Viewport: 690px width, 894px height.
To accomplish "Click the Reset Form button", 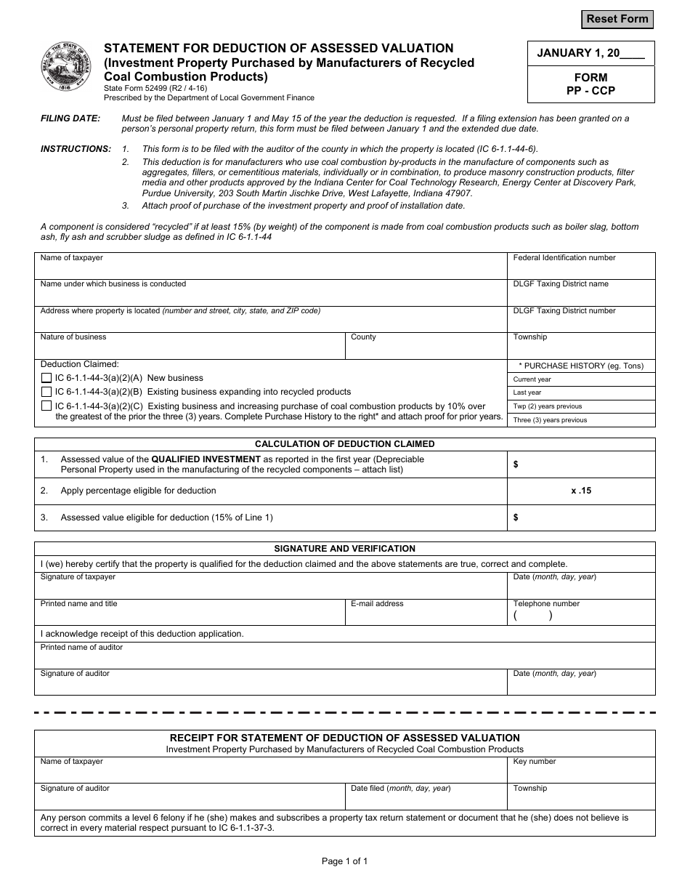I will pos(617,19).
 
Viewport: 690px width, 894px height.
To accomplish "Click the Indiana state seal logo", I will pos(65,67).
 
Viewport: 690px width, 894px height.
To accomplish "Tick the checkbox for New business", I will pos(46,379).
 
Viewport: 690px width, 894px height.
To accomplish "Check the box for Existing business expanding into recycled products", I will pos(46,392).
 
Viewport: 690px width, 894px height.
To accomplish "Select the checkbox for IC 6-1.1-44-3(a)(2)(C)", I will pos(46,406).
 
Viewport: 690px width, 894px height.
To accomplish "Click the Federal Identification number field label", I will pos(564,258).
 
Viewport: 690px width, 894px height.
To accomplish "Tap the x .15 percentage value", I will pos(581,491).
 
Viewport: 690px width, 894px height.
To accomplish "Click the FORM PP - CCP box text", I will pos(590,84).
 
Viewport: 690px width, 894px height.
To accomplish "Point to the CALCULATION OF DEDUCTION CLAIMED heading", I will pos(344,444).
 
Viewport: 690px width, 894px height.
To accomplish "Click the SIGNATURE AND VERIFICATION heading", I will pos(344,549).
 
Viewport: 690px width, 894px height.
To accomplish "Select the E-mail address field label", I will pos(377,604).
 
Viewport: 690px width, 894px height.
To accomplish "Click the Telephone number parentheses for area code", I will pos(532,616).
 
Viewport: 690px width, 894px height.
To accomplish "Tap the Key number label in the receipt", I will pos(534,762).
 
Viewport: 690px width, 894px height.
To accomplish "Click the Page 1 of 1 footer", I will pos(344,861).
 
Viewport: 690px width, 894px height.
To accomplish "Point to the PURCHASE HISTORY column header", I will pos(581,366).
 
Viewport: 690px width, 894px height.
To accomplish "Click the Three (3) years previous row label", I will pos(550,420).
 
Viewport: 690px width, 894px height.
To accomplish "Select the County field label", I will pos(363,337).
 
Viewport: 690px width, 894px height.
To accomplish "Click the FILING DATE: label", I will pos(70,118).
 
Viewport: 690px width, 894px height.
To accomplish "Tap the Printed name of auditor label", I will pos(81,648).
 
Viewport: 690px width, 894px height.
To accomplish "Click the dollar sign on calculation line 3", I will pos(516,518).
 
